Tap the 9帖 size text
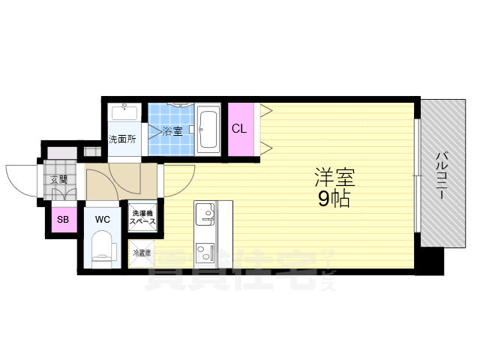point(334,199)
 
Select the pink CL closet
point(239,129)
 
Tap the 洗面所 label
point(121,139)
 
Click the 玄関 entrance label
point(58,179)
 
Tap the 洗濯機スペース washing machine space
point(142,218)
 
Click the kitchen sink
point(204,216)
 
